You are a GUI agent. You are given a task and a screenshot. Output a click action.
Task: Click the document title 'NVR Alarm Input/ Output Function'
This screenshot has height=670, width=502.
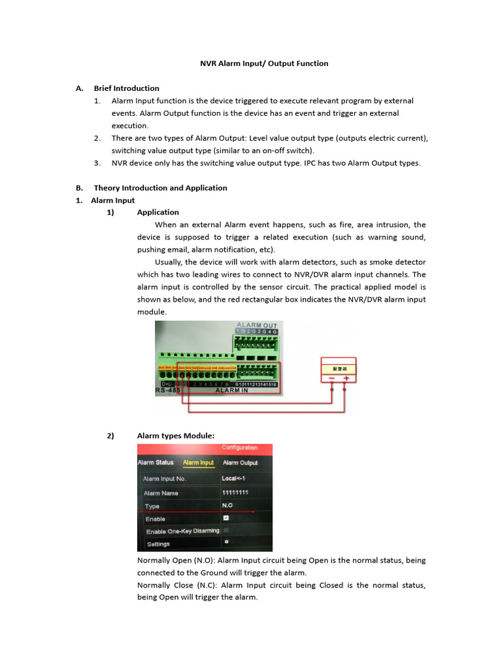(x=263, y=63)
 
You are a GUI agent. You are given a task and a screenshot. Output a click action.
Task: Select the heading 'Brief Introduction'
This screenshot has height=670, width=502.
(x=126, y=88)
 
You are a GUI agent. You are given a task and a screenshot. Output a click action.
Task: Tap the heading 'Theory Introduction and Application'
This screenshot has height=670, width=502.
(x=160, y=188)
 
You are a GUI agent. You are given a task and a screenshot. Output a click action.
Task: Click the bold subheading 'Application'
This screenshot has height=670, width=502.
(x=158, y=213)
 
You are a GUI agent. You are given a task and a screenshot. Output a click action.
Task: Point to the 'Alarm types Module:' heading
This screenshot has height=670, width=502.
(x=175, y=436)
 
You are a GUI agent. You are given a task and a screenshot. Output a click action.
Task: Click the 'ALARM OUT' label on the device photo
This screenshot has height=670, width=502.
(x=256, y=325)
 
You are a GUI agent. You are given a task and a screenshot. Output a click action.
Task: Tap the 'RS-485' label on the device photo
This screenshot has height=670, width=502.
(x=167, y=391)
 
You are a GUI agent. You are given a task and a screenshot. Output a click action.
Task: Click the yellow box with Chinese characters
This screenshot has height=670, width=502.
(x=338, y=369)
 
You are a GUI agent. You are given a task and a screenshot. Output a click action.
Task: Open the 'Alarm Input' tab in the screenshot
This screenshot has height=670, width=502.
(x=198, y=463)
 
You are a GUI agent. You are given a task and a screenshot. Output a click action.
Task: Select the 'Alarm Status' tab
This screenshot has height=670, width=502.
(x=156, y=463)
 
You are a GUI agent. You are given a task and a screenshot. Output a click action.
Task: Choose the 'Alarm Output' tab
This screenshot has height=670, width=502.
(x=240, y=463)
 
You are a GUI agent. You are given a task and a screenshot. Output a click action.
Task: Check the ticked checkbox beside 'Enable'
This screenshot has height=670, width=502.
(x=226, y=518)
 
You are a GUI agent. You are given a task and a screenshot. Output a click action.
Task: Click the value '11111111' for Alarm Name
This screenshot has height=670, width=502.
(x=235, y=493)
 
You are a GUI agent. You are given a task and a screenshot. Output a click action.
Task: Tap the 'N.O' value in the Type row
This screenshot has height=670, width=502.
(x=227, y=506)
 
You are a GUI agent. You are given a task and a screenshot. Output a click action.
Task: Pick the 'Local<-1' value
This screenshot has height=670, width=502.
(x=234, y=478)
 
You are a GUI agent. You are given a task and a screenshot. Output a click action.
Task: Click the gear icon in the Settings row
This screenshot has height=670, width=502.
(x=226, y=542)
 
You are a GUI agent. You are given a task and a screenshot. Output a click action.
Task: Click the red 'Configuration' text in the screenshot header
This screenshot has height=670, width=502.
(x=239, y=448)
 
